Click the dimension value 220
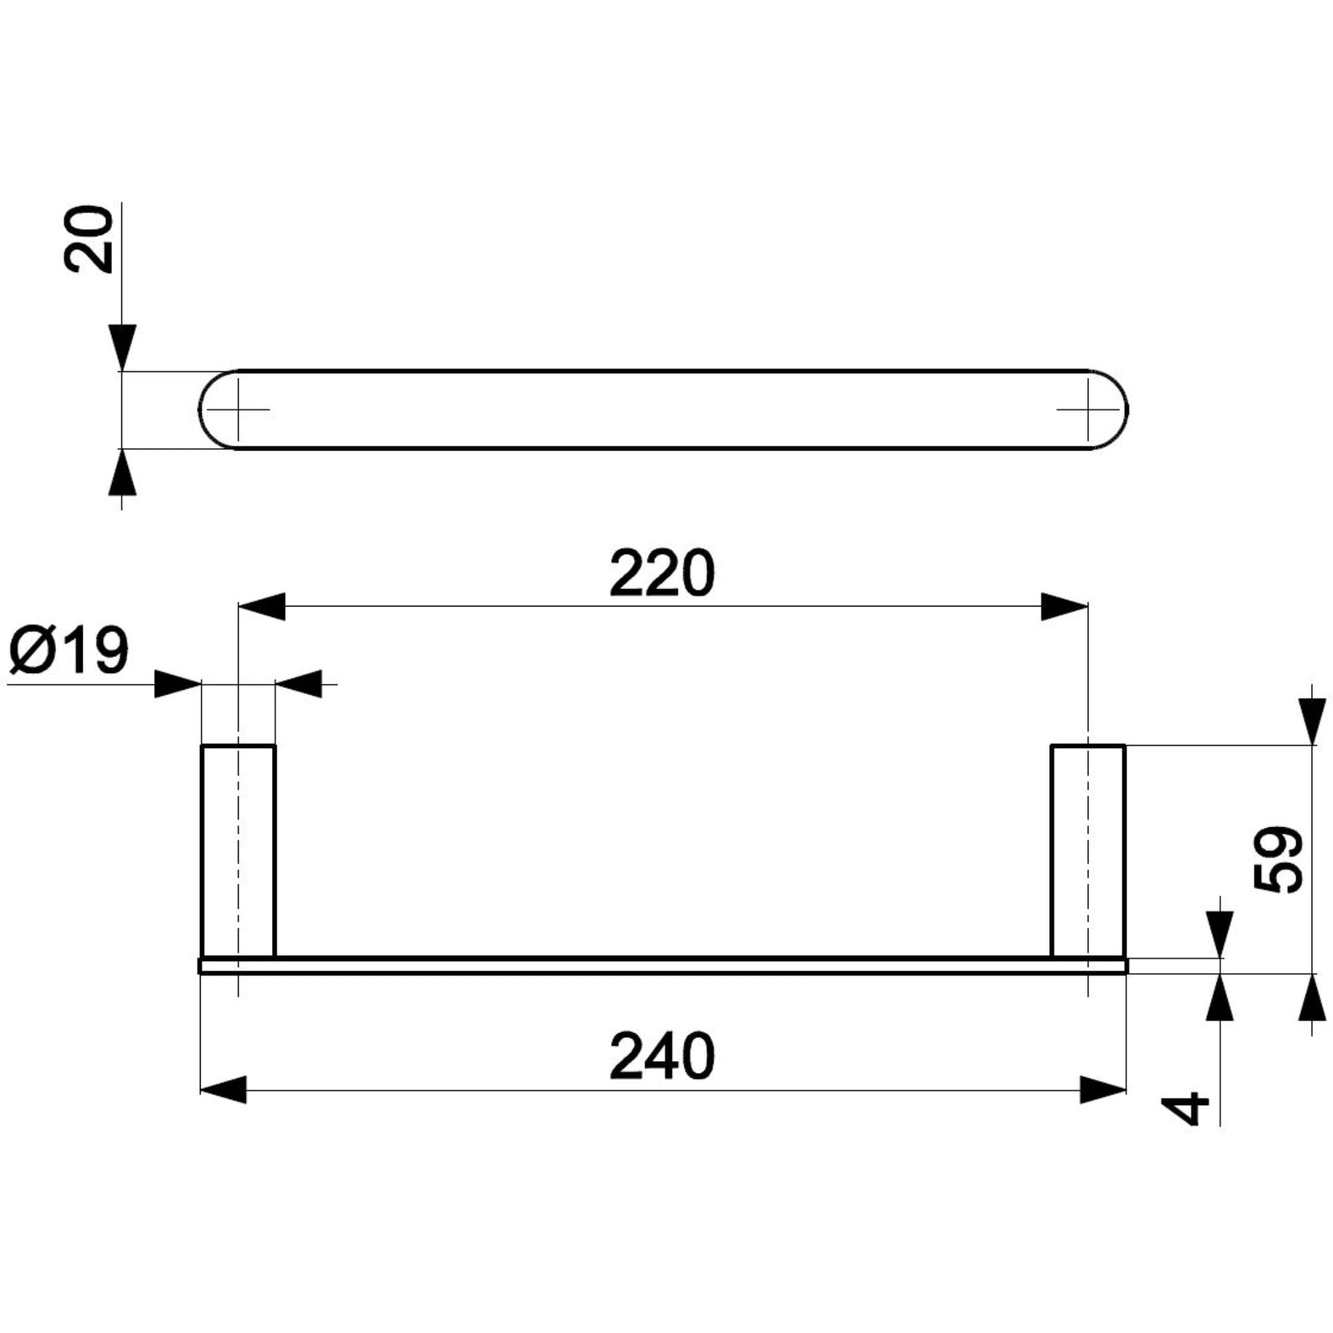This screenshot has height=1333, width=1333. pyautogui.click(x=662, y=574)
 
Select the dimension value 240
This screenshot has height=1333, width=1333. pyautogui.click(x=662, y=1058)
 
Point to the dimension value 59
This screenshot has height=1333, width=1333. pyautogui.click(x=1277, y=859)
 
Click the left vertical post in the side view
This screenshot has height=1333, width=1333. pyautogui.click(x=238, y=851)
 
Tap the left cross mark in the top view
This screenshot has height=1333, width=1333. pyautogui.click(x=238, y=409)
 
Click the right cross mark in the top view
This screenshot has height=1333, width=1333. pyautogui.click(x=1088, y=409)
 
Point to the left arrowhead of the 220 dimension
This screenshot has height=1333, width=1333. pyautogui.click(x=262, y=607)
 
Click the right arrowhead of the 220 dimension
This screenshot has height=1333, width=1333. pyautogui.click(x=1064, y=607)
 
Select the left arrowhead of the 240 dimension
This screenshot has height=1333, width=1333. pyautogui.click(x=223, y=1090)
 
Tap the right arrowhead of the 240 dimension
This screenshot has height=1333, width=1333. pyautogui.click(x=1102, y=1090)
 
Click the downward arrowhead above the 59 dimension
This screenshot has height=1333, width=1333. pyautogui.click(x=1312, y=722)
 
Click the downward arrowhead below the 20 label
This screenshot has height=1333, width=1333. pyautogui.click(x=122, y=347)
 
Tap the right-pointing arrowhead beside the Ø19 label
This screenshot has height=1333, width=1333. pyautogui.click(x=177, y=684)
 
